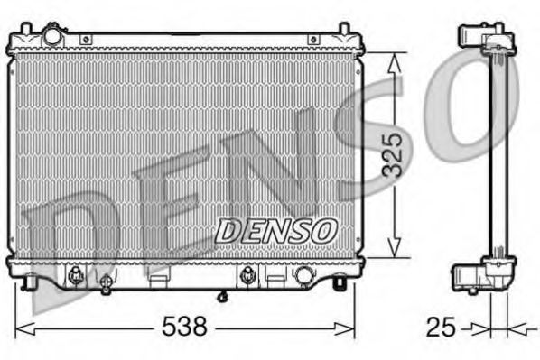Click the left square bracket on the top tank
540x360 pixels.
click(x=86, y=40)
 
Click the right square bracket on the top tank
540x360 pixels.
click(x=313, y=40)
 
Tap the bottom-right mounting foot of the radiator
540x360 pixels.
click(x=339, y=283)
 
